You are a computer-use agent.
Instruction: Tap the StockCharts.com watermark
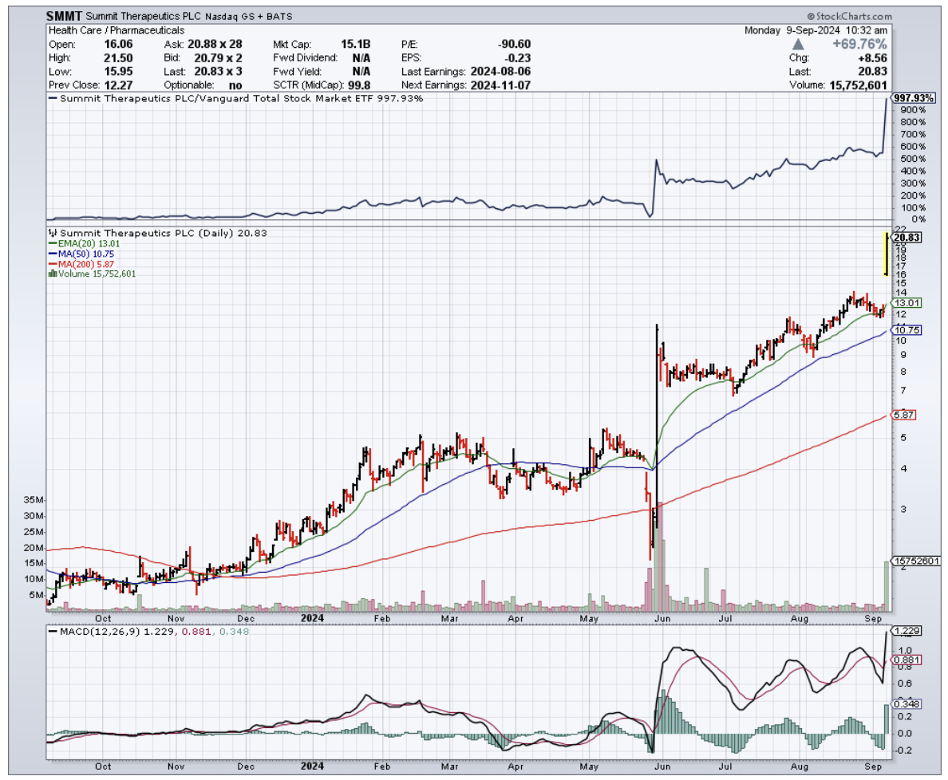tap(848, 16)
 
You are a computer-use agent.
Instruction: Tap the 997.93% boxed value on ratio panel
tap(914, 98)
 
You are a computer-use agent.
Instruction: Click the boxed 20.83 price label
tap(908, 237)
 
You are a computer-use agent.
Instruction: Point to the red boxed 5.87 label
tap(904, 415)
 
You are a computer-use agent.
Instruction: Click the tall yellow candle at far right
tap(886, 254)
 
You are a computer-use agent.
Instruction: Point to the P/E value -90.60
tap(514, 44)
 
